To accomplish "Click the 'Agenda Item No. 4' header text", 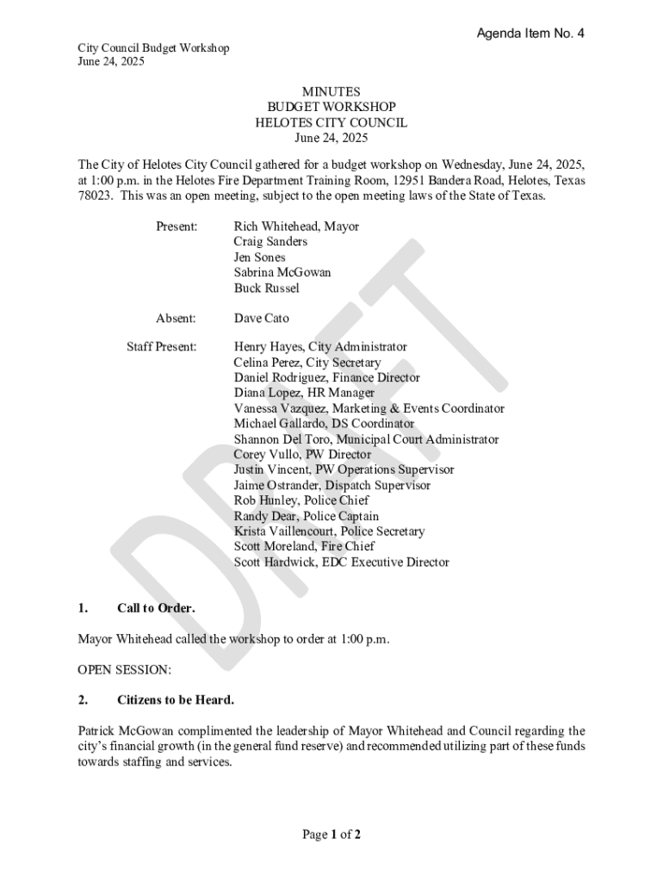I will pyautogui.click(x=530, y=34).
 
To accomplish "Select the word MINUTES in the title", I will pyautogui.click(x=331, y=91).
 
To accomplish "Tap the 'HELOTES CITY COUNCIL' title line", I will pyautogui.click(x=331, y=122).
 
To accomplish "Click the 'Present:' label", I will pyautogui.click(x=177, y=227).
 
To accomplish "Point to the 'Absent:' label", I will pyautogui.click(x=176, y=319).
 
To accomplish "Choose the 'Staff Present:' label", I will pyautogui.click(x=162, y=347).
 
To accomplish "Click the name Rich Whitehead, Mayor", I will pyautogui.click(x=296, y=227).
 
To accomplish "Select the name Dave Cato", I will pyautogui.click(x=262, y=319).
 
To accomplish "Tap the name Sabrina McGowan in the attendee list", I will pyautogui.click(x=282, y=272).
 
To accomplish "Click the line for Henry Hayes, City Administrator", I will pyautogui.click(x=320, y=347).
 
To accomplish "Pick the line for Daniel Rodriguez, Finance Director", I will pyautogui.click(x=327, y=378).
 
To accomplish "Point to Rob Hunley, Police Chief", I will pyautogui.click(x=301, y=500).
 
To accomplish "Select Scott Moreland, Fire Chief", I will pyautogui.click(x=304, y=546).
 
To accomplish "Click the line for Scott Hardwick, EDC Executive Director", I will pyautogui.click(x=341, y=562).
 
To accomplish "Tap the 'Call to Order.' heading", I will pyautogui.click(x=156, y=608).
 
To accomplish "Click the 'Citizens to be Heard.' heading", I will pyautogui.click(x=175, y=699).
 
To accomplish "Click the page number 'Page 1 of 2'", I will pyautogui.click(x=331, y=834).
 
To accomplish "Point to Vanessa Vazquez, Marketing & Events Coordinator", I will pyautogui.click(x=369, y=408).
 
